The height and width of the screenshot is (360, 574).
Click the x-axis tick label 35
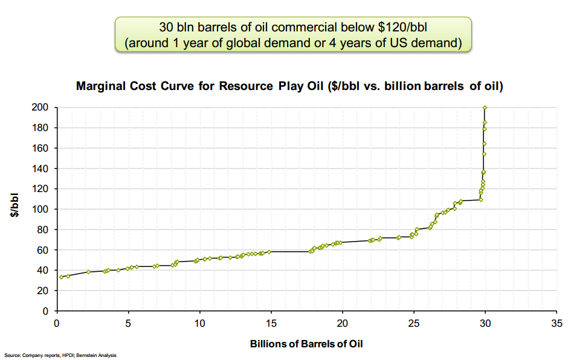(556, 323)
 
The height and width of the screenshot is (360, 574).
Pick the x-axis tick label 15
(271, 323)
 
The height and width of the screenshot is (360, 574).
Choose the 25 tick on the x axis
(413, 323)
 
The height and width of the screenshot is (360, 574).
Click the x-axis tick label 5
(128, 323)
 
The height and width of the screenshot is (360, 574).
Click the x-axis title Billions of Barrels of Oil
(306, 344)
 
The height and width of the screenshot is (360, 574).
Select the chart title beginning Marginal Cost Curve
(290, 86)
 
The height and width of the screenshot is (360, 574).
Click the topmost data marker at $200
(485, 108)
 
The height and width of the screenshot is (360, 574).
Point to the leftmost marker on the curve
(62, 277)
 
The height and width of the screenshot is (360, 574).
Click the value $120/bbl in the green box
(409, 28)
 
